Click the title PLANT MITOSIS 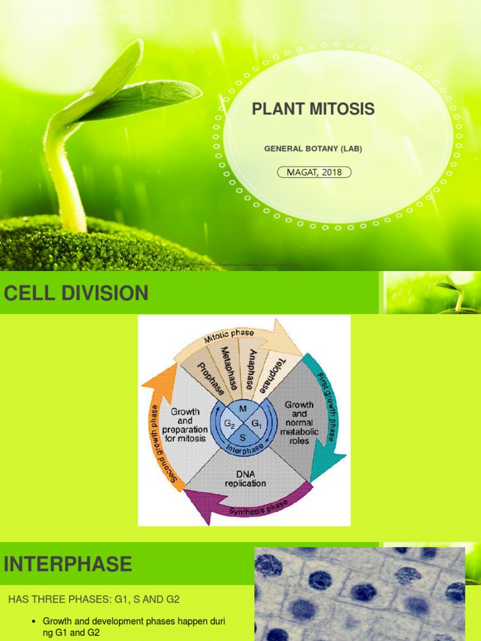pos(313,110)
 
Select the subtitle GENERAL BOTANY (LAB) pos(313,149)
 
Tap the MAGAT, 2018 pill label pos(314,172)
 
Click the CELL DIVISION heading pos(76,293)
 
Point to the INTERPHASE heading pos(68,564)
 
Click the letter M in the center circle pos(244,409)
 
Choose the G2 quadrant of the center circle pos(230,423)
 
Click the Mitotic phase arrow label pos(229,337)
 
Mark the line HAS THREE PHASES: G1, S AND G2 pos(94,599)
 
